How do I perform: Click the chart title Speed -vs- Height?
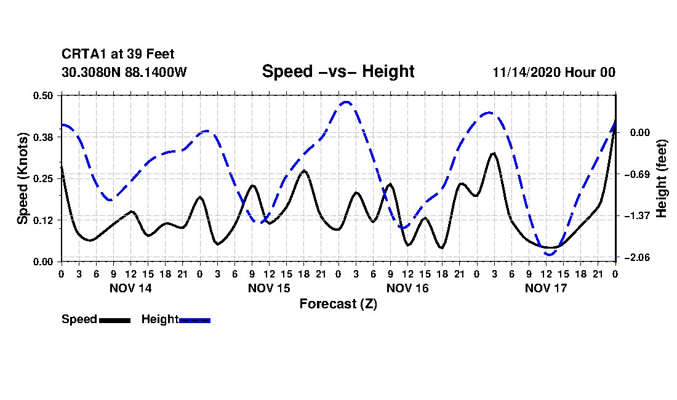[x=338, y=71]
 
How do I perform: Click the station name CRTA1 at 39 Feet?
[x=118, y=55]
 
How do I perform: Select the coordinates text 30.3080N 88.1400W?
[x=124, y=73]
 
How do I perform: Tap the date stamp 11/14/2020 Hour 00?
[x=554, y=73]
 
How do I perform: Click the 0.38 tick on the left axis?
[x=44, y=137]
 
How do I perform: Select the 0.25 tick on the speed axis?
[x=44, y=178]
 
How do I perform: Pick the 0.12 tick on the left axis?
[x=44, y=220]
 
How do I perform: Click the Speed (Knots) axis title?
[x=23, y=178]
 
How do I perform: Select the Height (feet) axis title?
[x=662, y=178]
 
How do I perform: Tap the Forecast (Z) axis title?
[x=338, y=304]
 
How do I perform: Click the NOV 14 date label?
[x=130, y=288]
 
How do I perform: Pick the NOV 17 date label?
[x=546, y=288]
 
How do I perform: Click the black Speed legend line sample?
[x=114, y=320]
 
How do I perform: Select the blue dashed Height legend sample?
[x=194, y=320]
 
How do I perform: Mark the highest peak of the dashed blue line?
[x=346, y=102]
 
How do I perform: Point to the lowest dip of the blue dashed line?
[x=550, y=254]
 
